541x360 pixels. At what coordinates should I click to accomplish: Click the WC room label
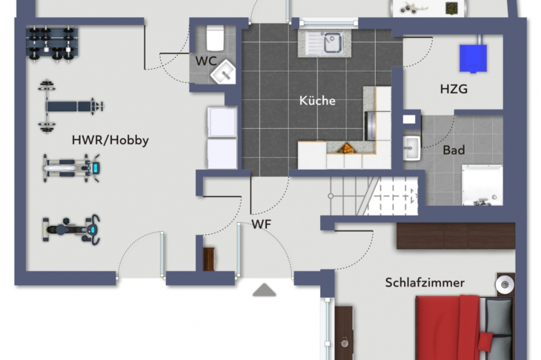point(206,61)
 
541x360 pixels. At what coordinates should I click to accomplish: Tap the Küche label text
point(317,101)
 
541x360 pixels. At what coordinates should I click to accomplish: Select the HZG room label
point(454,89)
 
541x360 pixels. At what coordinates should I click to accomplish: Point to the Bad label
point(454,150)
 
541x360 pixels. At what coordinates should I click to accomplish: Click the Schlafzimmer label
point(425,282)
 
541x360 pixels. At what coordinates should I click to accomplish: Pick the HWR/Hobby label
point(110,140)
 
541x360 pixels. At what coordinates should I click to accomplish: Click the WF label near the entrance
point(261,224)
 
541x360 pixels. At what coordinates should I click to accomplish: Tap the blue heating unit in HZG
point(473,59)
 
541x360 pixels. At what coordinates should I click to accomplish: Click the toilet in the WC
point(216,38)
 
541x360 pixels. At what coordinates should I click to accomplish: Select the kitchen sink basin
point(333,43)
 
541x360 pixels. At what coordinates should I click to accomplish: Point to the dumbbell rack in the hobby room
point(52,44)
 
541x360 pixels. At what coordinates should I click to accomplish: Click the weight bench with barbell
point(70,106)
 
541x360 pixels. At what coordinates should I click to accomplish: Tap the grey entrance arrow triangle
point(265,290)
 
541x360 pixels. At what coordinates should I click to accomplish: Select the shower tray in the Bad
point(482,185)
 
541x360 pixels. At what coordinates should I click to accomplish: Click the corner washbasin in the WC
point(224,71)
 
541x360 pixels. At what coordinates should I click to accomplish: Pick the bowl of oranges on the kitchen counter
point(346,148)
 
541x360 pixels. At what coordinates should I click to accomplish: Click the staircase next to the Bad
point(374,196)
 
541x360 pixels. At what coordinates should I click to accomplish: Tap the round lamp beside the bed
point(505,285)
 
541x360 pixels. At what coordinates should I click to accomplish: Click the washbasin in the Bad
point(412,148)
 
